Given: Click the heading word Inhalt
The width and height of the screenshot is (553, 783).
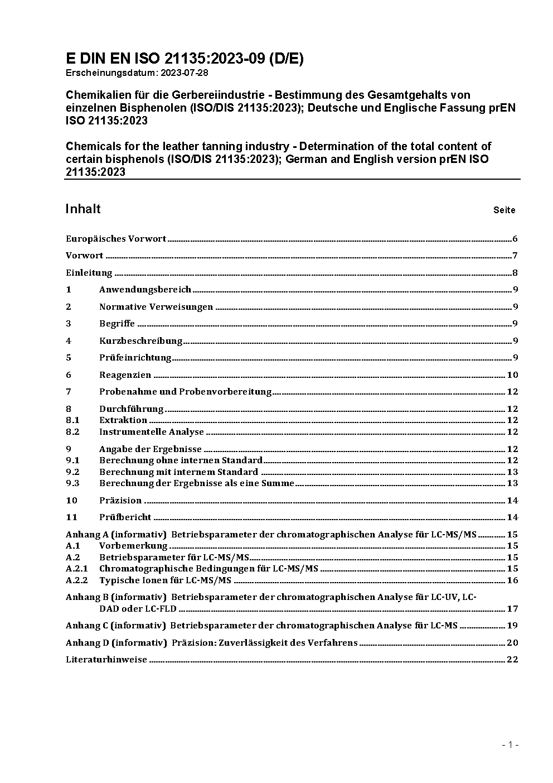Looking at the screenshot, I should [83, 209].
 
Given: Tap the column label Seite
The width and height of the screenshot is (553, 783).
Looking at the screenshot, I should [504, 210].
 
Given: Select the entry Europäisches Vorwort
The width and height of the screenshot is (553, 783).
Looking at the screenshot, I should [116, 239].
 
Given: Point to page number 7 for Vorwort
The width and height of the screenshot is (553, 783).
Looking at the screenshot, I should [515, 256].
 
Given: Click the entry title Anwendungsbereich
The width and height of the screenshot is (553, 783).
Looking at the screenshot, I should [145, 290].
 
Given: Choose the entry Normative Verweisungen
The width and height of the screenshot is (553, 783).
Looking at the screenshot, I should [156, 307].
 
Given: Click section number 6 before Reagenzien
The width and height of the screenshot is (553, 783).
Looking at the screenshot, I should [69, 375].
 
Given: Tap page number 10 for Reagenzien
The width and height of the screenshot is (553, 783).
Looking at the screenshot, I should [512, 375].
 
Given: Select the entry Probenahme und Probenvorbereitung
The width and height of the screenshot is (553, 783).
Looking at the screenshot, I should [185, 392].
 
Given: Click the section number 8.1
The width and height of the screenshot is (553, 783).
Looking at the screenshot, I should [72, 420].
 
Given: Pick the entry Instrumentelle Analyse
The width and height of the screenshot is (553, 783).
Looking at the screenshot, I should [152, 432].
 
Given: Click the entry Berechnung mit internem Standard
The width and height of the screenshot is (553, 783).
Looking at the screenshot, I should [178, 472].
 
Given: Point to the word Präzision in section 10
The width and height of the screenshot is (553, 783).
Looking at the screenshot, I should [120, 501].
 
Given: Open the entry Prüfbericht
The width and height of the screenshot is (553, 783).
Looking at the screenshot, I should [125, 517].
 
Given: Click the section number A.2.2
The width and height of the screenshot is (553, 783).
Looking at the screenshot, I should [77, 580].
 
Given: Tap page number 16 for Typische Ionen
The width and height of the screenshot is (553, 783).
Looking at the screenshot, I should [512, 580].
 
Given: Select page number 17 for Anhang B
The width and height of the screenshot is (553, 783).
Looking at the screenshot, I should [512, 609].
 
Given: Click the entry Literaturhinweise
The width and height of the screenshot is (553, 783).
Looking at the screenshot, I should [106, 660].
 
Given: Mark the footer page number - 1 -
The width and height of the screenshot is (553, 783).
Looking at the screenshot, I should [510, 744].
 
